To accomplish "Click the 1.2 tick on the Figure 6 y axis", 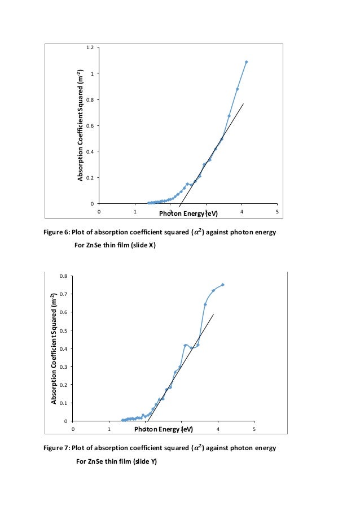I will point(90,47).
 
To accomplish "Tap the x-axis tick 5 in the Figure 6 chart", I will point(277,212).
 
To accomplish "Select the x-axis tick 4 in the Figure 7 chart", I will point(218,429).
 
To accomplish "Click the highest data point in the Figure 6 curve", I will point(247,62).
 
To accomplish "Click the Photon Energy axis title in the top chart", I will point(188,213).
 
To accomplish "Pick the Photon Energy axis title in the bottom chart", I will point(164,429).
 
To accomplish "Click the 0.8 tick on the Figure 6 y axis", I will point(90,100).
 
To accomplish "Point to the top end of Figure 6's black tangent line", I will point(243,104).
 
